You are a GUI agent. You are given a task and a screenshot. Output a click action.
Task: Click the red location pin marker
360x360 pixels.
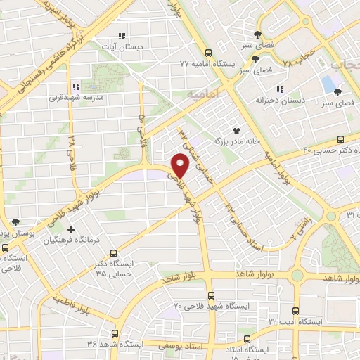(180, 166)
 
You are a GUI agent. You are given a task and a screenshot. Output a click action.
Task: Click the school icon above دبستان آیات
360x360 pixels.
(121, 34)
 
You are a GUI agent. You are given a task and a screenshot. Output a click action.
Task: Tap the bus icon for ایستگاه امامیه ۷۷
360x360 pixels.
(207, 53)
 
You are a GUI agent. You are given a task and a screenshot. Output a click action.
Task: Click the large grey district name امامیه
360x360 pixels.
(205, 92)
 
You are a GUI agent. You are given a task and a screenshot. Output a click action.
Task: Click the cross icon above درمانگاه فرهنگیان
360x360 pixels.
(70, 229)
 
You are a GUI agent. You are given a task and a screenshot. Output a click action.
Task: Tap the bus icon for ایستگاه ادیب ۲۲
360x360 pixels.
(295, 310)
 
